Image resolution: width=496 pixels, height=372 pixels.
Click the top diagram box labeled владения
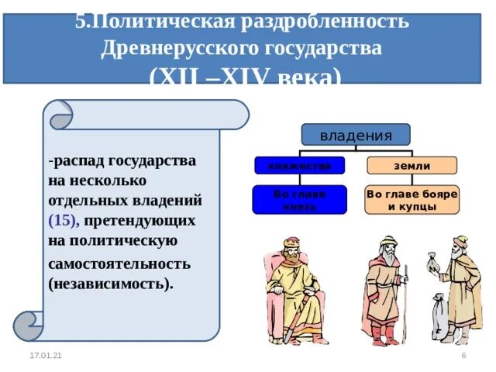[356, 135]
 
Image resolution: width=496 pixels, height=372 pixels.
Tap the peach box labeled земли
[411, 165]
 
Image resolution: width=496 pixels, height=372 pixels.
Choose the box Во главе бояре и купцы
[412, 200]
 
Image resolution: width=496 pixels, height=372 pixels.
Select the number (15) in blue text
[63, 220]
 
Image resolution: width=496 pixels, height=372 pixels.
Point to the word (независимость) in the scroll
[110, 283]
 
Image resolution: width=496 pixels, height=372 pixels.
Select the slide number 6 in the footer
[463, 355]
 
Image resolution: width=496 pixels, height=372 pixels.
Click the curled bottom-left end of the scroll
[29, 325]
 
